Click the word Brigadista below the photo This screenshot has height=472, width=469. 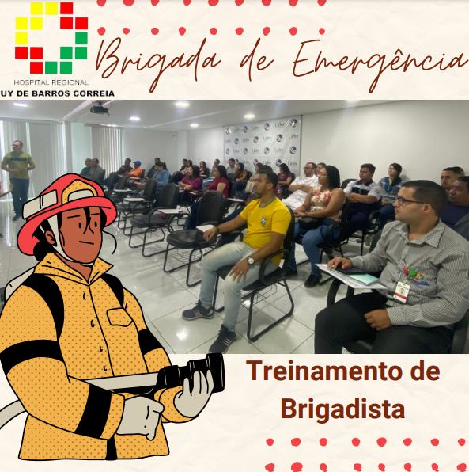342,409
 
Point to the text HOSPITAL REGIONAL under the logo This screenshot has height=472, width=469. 51,82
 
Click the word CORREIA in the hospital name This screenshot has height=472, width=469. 94,93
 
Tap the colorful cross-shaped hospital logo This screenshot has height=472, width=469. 51,38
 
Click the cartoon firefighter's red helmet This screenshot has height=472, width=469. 66,207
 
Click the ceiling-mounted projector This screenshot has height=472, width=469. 99,109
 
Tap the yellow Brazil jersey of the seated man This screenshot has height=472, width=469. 266,224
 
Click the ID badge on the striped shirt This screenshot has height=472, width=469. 402,291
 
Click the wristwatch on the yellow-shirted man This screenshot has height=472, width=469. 250,260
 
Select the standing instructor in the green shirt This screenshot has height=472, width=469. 18,179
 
